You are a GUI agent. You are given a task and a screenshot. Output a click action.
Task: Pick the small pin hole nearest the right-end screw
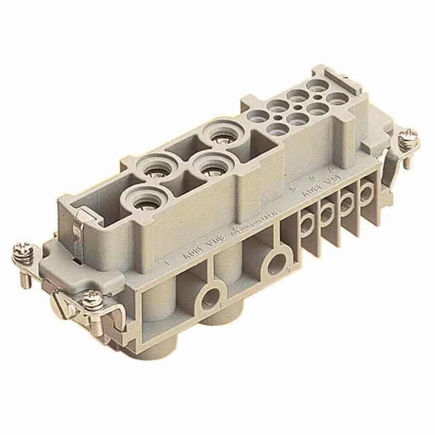[x=335, y=99]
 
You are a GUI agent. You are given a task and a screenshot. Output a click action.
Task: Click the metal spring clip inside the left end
[x=80, y=231]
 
